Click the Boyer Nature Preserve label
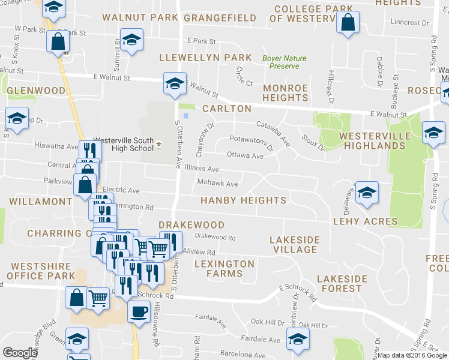click(285, 62)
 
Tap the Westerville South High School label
click(124, 145)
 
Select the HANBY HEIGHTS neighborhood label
click(243, 200)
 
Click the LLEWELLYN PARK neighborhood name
click(205, 58)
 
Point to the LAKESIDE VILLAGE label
click(294, 244)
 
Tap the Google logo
click(20, 353)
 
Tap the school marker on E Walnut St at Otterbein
click(174, 83)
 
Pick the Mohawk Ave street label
click(218, 184)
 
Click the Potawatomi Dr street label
click(252, 143)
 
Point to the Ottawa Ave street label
click(245, 156)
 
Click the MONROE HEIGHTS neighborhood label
click(286, 92)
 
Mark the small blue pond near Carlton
click(186, 116)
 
